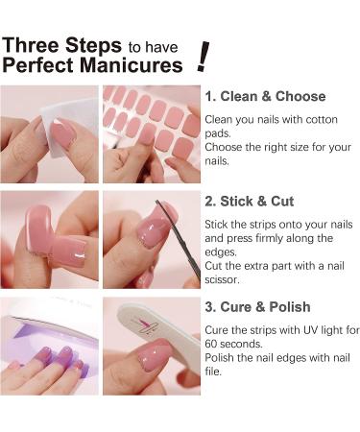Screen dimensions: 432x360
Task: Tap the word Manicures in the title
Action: click(x=135, y=66)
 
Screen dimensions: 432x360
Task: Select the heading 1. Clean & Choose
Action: click(x=265, y=96)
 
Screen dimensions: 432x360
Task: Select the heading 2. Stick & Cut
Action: click(x=250, y=202)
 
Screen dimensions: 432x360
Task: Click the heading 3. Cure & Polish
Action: click(x=257, y=307)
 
